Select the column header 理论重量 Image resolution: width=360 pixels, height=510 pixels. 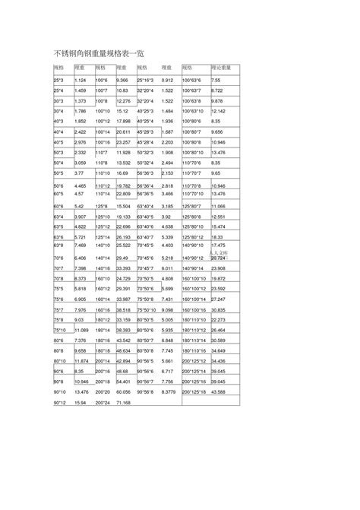(221, 68)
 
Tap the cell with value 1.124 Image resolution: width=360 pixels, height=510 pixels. (81, 81)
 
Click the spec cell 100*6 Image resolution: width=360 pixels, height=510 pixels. (104, 81)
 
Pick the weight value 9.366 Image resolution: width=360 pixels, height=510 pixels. (127, 81)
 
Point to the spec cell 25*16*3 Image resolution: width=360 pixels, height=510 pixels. (146, 81)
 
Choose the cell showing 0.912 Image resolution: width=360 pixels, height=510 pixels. (168, 81)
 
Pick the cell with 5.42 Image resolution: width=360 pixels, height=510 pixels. (79, 206)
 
